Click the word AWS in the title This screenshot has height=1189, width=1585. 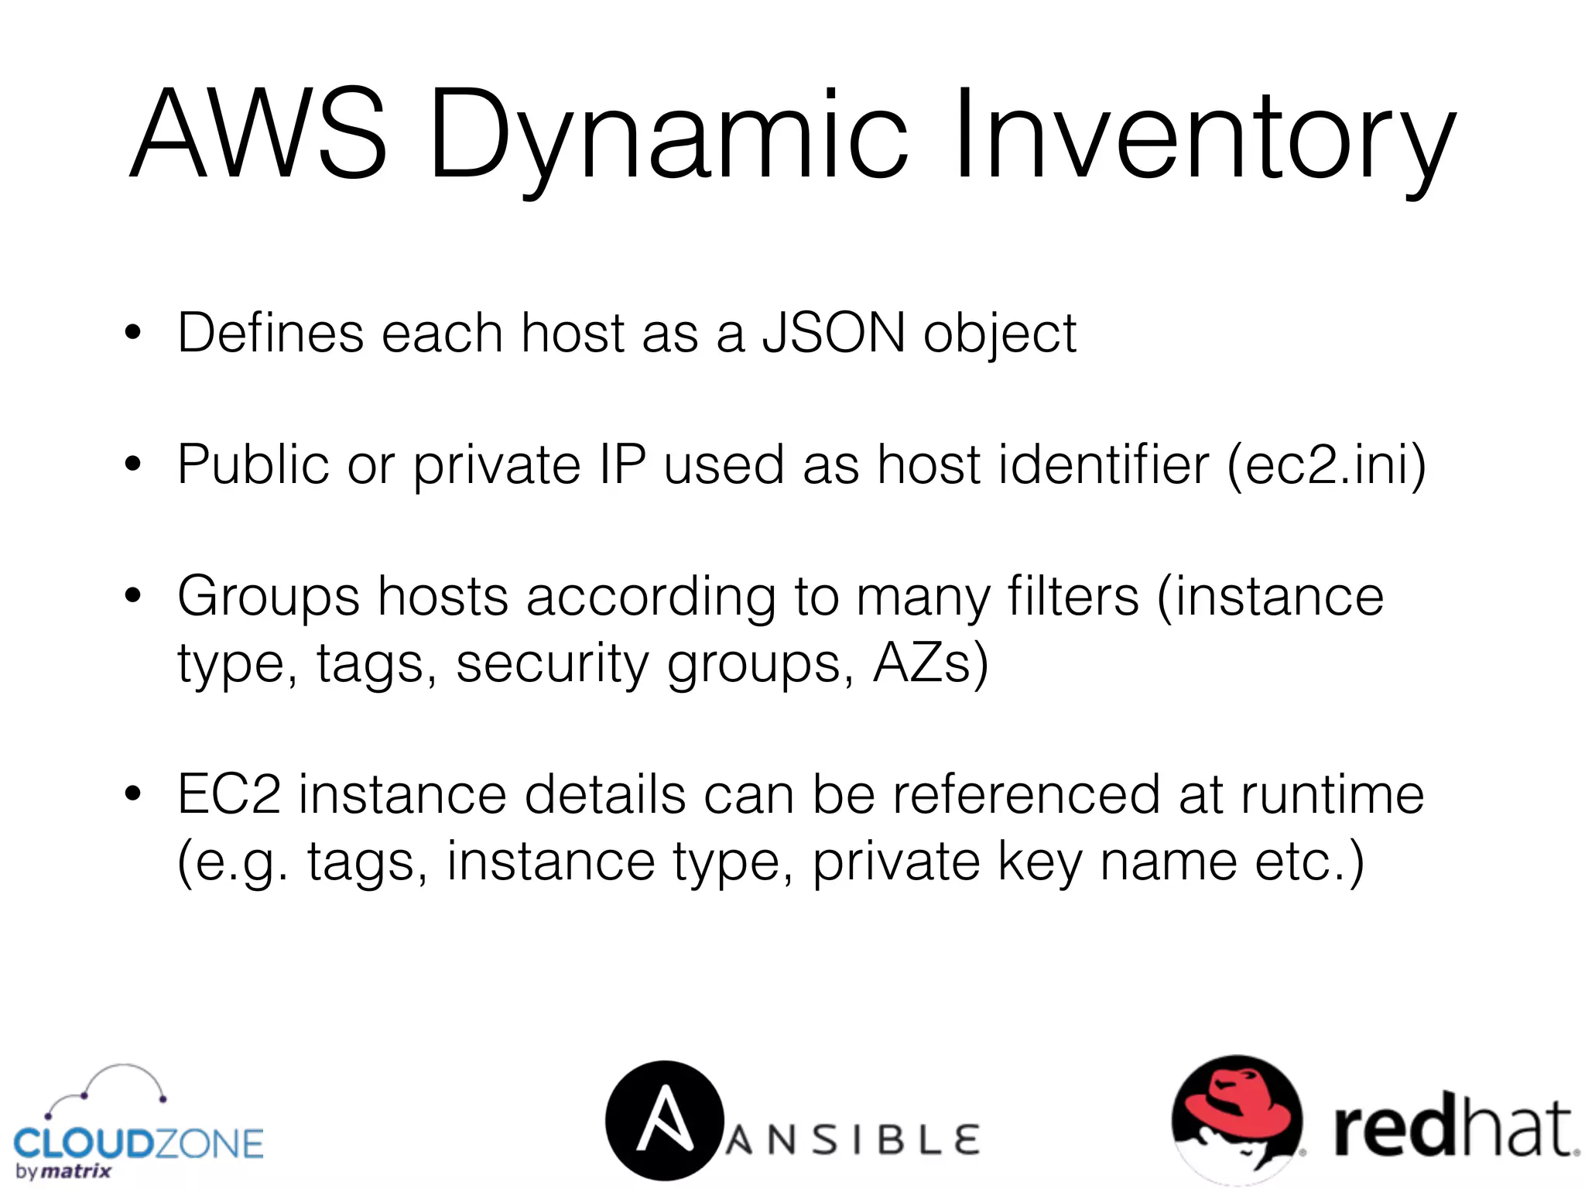[258, 133]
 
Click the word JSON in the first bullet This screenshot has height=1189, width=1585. [834, 334]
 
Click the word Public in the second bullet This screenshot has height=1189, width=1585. [253, 465]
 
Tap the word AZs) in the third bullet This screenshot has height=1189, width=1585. [930, 663]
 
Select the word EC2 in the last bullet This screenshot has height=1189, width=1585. [228, 795]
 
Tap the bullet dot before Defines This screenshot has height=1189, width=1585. [133, 333]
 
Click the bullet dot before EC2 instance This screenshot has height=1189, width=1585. [133, 794]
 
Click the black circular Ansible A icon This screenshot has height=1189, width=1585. [664, 1120]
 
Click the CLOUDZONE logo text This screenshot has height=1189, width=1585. [139, 1143]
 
